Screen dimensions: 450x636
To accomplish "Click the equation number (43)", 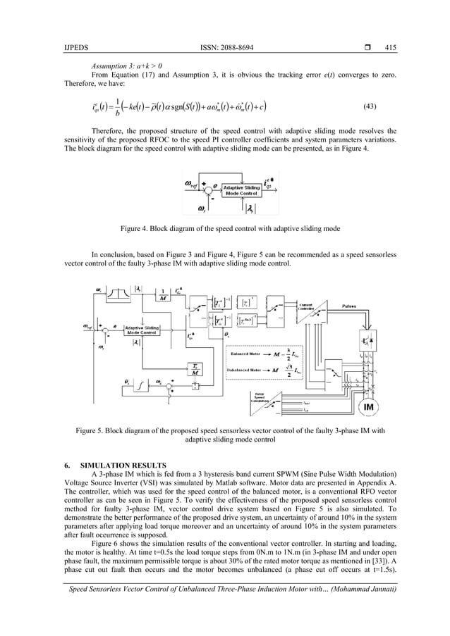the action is (370, 107).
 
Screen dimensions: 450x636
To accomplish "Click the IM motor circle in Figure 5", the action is (368, 407).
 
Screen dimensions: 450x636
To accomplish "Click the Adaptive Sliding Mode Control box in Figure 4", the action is (241, 191).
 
